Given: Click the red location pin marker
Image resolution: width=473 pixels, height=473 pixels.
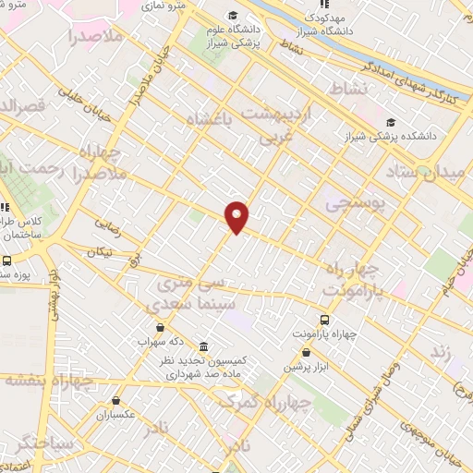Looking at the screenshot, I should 237,215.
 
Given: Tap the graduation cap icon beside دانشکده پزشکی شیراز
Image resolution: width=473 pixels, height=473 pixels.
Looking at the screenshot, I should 391,122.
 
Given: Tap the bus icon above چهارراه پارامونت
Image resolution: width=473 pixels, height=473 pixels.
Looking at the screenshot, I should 324,314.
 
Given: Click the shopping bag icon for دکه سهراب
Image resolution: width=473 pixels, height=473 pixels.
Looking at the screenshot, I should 161,326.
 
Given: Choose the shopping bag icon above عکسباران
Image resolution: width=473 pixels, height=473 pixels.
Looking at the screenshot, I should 115,401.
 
